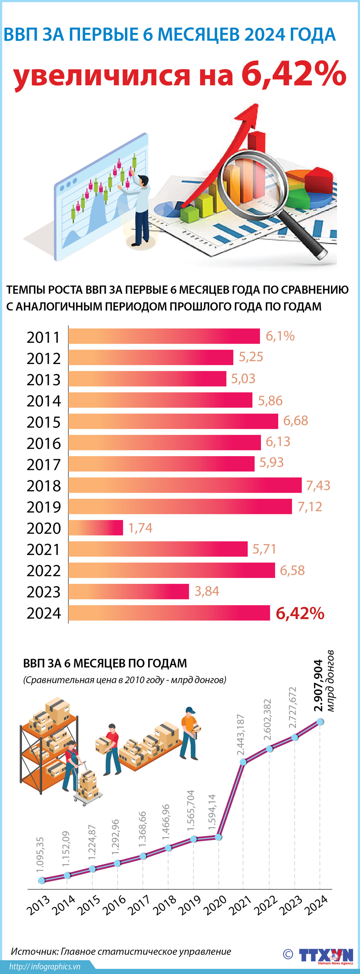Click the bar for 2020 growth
coord(96,528)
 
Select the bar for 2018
coord(185,485)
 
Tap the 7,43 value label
coord(318,485)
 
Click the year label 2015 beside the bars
coord(43,422)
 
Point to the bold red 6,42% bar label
coord(300,613)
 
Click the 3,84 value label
coord(207,591)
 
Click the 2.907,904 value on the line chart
coord(318,686)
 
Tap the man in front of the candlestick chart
coord(141,210)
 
